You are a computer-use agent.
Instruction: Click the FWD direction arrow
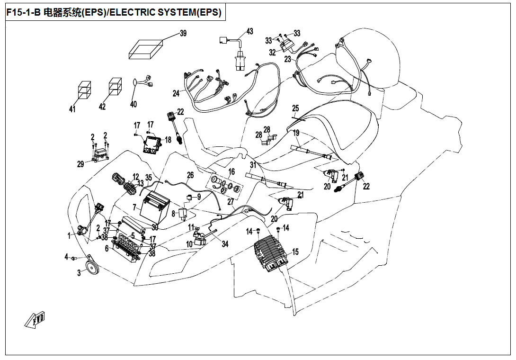35,320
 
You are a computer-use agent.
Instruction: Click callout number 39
183,33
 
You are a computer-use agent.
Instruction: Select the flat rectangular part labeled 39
146,49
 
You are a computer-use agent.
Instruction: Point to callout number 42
102,107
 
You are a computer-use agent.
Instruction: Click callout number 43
249,31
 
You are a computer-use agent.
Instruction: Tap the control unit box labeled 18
153,143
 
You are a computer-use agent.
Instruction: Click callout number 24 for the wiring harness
176,94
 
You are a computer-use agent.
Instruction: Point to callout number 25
296,108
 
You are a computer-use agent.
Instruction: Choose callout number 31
253,165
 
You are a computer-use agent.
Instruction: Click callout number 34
225,244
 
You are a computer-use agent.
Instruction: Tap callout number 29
80,164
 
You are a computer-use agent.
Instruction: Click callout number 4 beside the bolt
66,257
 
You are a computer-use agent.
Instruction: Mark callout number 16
231,171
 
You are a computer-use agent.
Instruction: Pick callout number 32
272,52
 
